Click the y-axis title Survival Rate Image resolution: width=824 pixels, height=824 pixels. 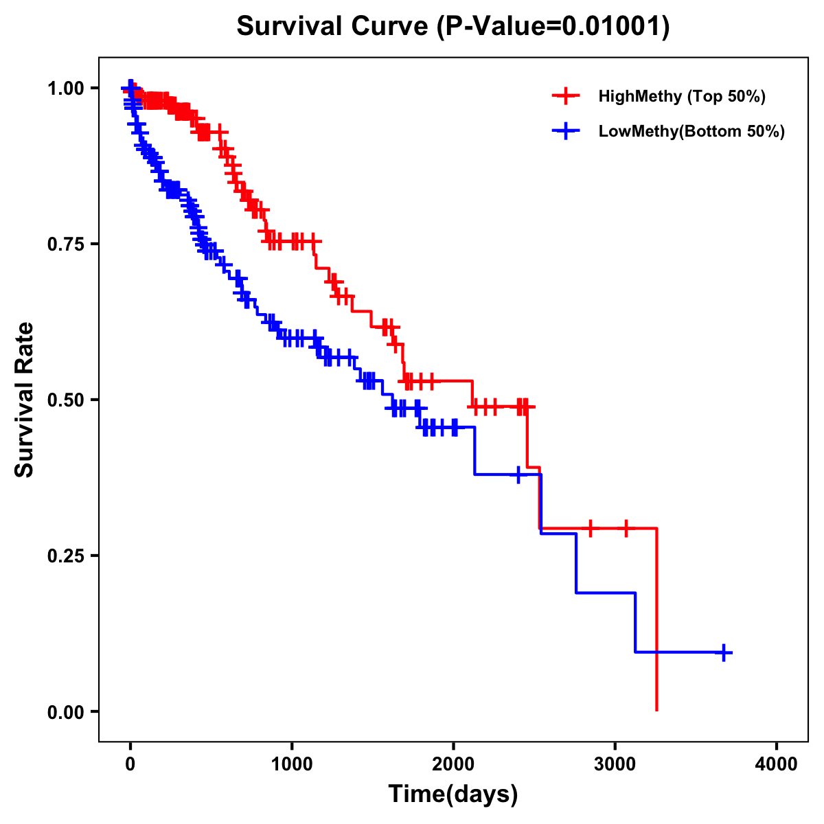(x=25, y=400)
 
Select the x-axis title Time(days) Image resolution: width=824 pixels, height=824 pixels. (x=453, y=794)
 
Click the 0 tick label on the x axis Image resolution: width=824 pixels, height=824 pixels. (x=130, y=764)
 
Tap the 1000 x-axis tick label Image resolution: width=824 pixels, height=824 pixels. (x=292, y=764)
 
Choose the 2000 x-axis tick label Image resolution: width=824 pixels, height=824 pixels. (x=453, y=764)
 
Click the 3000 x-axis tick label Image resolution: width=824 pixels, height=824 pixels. (x=615, y=764)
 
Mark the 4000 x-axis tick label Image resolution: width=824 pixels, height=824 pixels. (x=777, y=764)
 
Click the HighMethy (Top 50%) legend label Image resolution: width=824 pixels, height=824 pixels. (x=682, y=96)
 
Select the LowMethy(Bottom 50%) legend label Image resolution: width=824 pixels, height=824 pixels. (x=691, y=132)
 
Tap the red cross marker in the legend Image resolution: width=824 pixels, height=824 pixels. (x=566, y=96)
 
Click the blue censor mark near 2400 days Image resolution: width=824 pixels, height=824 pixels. (x=518, y=474)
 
